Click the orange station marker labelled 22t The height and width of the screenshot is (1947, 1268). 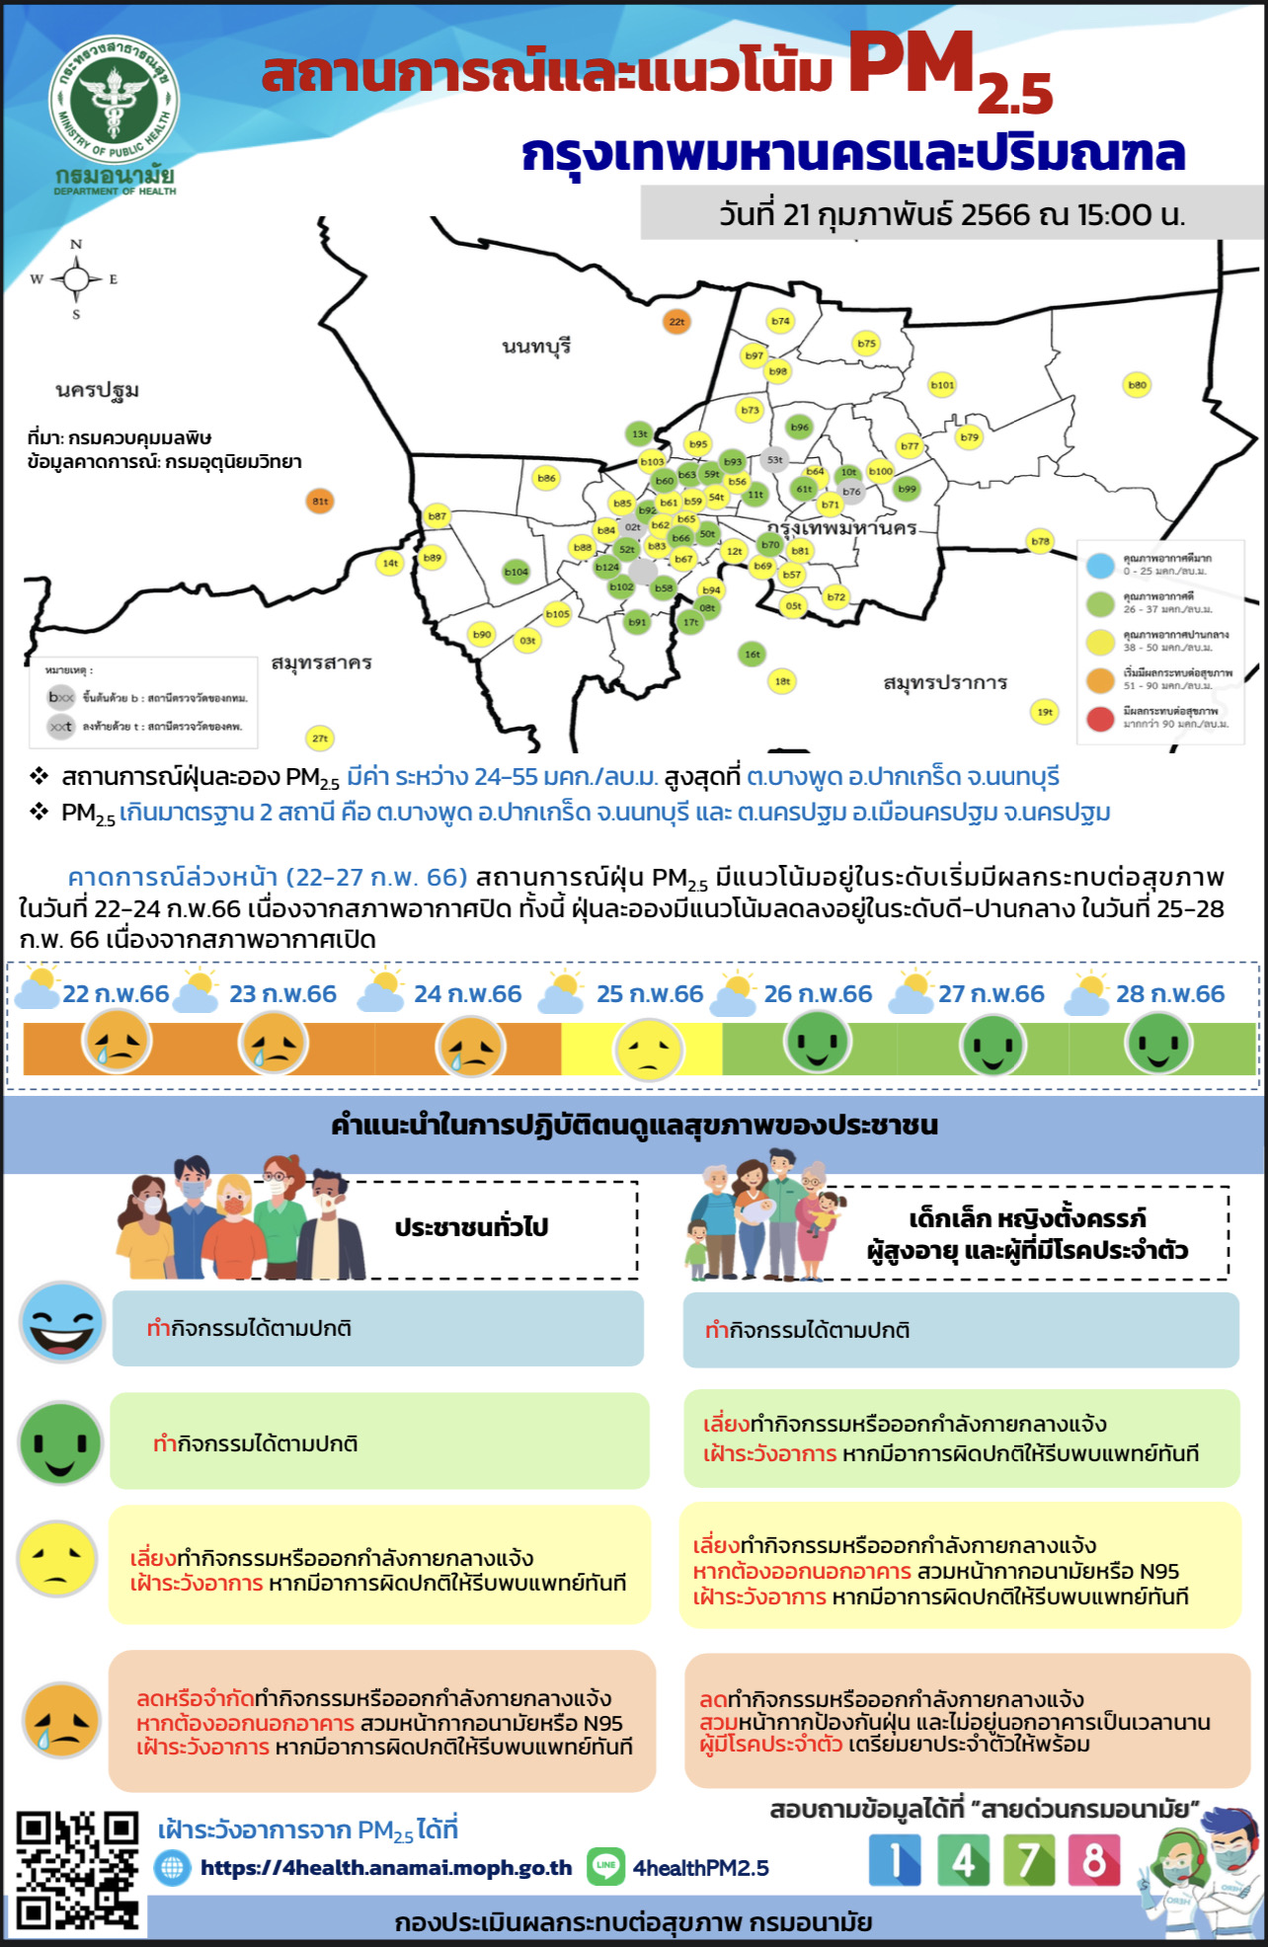tap(676, 321)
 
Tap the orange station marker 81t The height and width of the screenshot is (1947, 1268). tap(320, 501)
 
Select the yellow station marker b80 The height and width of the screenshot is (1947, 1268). tap(1138, 385)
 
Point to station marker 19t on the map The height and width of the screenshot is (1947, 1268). tap(1044, 711)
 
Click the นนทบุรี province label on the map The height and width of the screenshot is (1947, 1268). tap(536, 347)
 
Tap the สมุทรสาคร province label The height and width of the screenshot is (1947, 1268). tap(321, 662)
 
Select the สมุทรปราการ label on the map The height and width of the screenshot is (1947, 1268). tap(945, 682)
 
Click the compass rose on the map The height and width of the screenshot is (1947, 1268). tap(76, 279)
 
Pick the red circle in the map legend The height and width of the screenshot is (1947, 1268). tap(1100, 718)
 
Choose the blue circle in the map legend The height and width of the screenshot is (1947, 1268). tap(1100, 566)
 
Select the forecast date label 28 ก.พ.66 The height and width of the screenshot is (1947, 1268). tap(1169, 994)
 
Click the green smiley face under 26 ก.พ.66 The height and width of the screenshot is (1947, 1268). tap(818, 1043)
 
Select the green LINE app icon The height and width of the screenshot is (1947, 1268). tap(605, 1865)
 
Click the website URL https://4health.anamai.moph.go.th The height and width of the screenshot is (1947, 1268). tap(386, 1868)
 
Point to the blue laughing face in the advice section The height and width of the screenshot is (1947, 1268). tap(62, 1323)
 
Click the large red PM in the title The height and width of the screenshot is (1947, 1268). tap(911, 64)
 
